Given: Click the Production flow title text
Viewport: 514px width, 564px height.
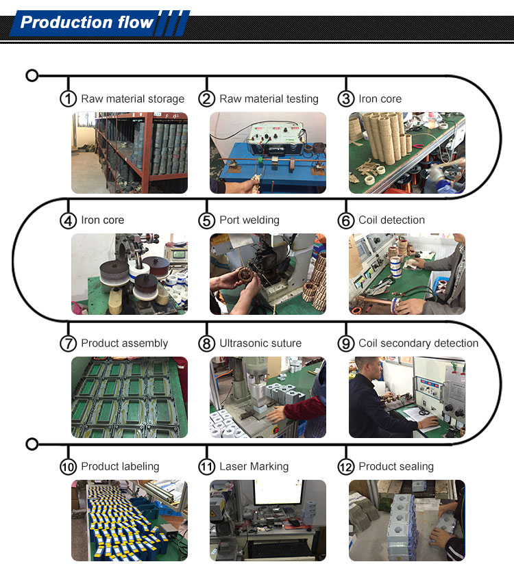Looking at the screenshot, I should pyautogui.click(x=87, y=23).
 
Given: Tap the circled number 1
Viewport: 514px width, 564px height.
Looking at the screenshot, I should pyautogui.click(x=68, y=99).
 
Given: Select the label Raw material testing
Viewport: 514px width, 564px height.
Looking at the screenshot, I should pyautogui.click(x=269, y=99).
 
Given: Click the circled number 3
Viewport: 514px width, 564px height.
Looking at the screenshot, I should pyautogui.click(x=346, y=99).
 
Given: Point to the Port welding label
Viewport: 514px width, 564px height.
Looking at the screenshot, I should pyautogui.click(x=249, y=220).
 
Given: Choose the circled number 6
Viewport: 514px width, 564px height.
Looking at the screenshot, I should pyautogui.click(x=346, y=220).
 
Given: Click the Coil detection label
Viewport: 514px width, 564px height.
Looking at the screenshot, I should pyautogui.click(x=391, y=220).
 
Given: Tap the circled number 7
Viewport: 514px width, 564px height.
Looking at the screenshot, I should pyautogui.click(x=68, y=344).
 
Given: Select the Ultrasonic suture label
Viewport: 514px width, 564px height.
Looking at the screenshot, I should pyautogui.click(x=260, y=344).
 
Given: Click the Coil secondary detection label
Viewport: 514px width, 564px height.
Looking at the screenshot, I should pyautogui.click(x=418, y=344).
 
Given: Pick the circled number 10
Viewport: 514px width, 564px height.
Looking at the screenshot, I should pyautogui.click(x=68, y=467).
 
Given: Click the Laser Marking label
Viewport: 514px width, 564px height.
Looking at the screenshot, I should pyautogui.click(x=254, y=467).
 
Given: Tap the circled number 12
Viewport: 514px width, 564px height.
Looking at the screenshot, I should pyautogui.click(x=346, y=467).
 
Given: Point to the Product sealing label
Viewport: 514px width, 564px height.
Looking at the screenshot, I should pyautogui.click(x=396, y=467).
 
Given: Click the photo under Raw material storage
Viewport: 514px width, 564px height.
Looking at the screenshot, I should pyautogui.click(x=130, y=153).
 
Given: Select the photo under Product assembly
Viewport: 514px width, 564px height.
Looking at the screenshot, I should pyautogui.click(x=130, y=397).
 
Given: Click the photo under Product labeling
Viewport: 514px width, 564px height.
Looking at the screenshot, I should pyautogui.click(x=130, y=520).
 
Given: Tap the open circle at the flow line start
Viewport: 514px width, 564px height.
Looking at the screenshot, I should pyautogui.click(x=32, y=75).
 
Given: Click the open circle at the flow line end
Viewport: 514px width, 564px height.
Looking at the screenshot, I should pyautogui.click(x=32, y=445).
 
